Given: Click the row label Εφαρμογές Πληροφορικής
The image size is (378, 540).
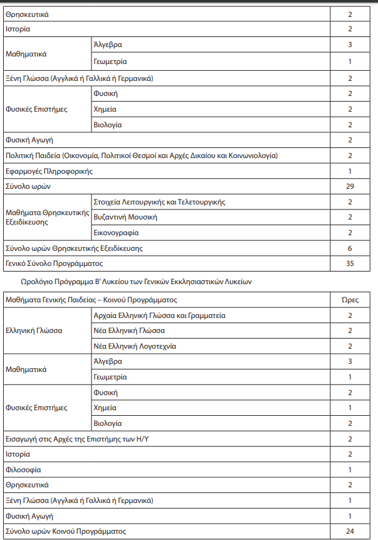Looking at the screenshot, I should click(49, 171).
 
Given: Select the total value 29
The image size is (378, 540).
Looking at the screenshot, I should click(350, 186).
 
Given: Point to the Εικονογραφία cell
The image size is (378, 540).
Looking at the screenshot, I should click(116, 233).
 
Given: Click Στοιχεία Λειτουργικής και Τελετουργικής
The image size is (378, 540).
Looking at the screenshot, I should click(159, 202).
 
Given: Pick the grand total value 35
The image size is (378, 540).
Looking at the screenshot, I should click(350, 263).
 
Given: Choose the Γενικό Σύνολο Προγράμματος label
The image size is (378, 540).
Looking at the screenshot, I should click(54, 263).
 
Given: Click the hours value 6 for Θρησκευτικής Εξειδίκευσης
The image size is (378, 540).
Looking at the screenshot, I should click(350, 248).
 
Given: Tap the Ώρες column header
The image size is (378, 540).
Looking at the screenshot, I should click(350, 300).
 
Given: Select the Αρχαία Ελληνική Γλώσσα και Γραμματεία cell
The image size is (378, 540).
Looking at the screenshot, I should click(159, 315).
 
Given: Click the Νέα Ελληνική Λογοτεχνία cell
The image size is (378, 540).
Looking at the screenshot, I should click(135, 346).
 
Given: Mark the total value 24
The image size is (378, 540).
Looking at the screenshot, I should click(350, 531).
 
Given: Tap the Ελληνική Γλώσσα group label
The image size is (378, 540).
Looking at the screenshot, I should click(33, 331).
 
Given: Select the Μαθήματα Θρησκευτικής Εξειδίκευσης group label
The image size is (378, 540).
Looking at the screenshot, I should click(48, 218).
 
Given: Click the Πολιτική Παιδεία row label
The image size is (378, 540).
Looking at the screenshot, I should click(141, 156).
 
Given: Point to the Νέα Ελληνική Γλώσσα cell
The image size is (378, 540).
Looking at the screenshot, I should click(129, 331).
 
